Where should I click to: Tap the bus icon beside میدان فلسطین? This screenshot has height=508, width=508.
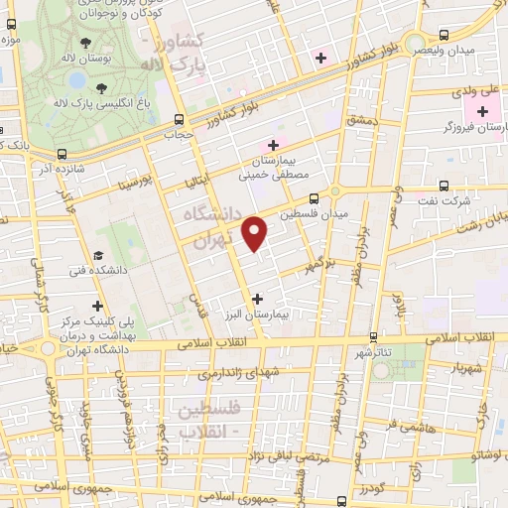click(314, 197)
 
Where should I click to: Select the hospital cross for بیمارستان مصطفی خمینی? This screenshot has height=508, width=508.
click(273, 145)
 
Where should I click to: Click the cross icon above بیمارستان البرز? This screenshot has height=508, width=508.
click(258, 297)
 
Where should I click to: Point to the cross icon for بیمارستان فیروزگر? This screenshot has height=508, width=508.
click(485, 112)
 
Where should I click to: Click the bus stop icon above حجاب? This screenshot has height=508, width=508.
click(179, 117)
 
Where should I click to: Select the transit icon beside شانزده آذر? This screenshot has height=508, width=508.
click(63, 154)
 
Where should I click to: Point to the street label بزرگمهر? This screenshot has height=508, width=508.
click(315, 266)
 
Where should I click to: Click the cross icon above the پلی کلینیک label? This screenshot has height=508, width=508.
click(97, 306)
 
